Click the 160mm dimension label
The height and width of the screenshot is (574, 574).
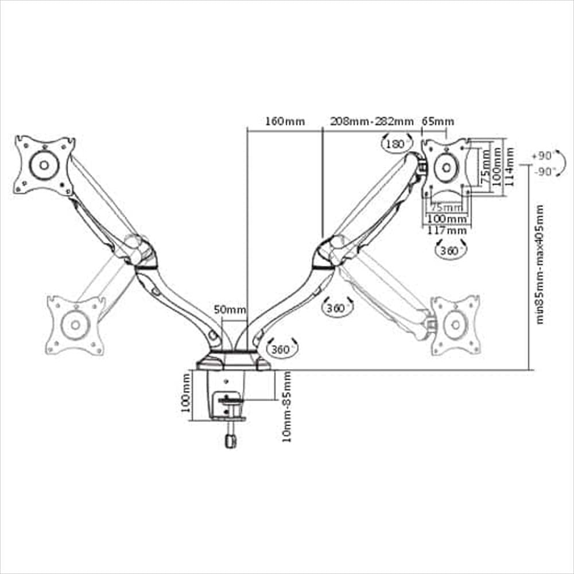pyautogui.click(x=285, y=121)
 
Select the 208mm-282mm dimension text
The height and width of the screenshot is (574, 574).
pyautogui.click(x=372, y=121)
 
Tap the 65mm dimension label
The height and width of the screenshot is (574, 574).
pyautogui.click(x=438, y=121)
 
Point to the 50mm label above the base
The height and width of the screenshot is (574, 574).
pyautogui.click(x=230, y=309)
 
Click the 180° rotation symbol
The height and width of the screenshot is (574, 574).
pyautogui.click(x=397, y=143)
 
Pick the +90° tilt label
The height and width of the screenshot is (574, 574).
pyautogui.click(x=542, y=156)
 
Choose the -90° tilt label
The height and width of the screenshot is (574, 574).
pyautogui.click(x=544, y=171)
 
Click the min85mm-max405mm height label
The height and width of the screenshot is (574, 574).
pyautogui.click(x=540, y=264)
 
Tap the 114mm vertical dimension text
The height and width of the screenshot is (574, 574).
pyautogui.click(x=509, y=166)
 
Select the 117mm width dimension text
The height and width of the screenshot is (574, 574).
pyautogui.click(x=447, y=230)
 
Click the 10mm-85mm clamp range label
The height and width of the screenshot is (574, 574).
pyautogui.click(x=287, y=407)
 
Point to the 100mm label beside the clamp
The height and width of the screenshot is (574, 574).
pyautogui.click(x=187, y=393)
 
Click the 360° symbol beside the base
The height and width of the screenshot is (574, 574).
pyautogui.click(x=282, y=349)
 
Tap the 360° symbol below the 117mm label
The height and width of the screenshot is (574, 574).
pyautogui.click(x=450, y=251)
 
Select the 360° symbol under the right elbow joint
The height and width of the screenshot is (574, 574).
pyautogui.click(x=337, y=308)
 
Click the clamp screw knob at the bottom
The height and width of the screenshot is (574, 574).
pyautogui.click(x=230, y=441)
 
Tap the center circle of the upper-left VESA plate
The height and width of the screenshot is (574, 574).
pyautogui.click(x=44, y=165)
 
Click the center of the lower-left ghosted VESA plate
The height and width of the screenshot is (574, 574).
pyautogui.click(x=75, y=325)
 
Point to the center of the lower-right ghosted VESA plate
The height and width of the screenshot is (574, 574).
pyautogui.click(x=455, y=325)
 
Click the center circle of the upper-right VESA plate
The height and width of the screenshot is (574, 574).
pyautogui.click(x=447, y=168)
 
